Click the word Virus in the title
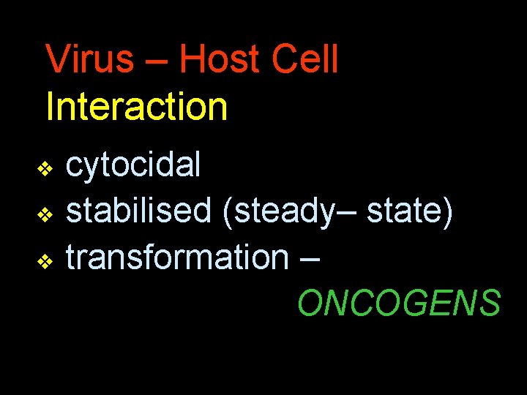point(89,59)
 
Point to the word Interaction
point(137,106)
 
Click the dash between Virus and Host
point(156,62)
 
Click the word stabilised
point(138,211)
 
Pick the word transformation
point(178,257)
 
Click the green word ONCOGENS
point(399,303)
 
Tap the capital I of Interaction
point(49,106)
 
